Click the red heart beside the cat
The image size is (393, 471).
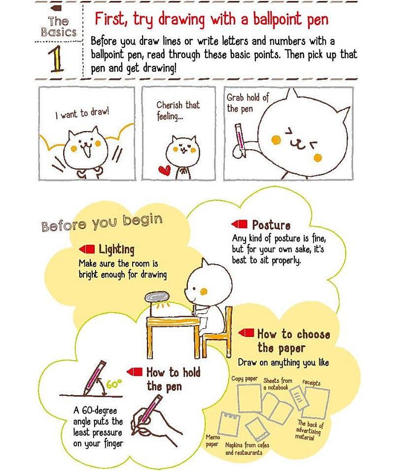point(164,170)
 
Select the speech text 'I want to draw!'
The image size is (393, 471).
point(82,113)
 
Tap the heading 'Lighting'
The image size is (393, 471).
point(116,249)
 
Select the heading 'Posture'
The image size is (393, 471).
point(271,225)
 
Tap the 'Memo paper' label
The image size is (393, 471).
point(212,440)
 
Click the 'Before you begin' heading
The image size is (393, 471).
point(102,222)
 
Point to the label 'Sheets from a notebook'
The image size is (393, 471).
point(278,384)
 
